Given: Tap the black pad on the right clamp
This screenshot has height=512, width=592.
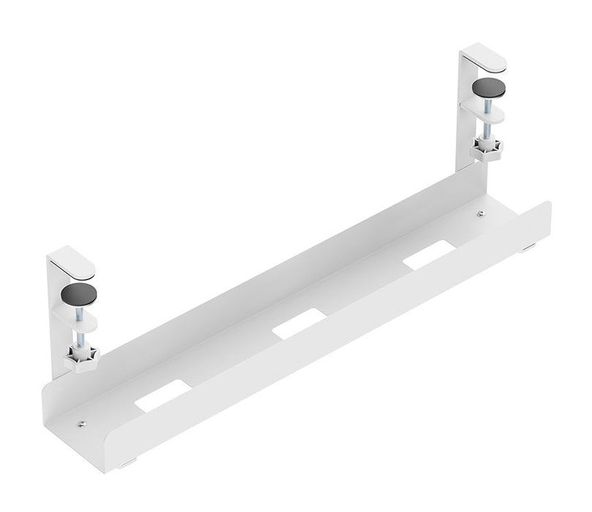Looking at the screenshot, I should [488, 88].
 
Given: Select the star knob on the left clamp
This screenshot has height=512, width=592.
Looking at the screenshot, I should [80, 358].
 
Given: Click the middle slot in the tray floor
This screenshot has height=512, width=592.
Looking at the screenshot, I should [298, 323].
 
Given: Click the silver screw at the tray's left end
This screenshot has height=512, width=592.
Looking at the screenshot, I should [81, 423].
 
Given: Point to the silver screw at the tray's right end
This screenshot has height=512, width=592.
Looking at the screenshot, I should [480, 214].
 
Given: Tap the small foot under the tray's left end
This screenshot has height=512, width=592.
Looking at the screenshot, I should [128, 463].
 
